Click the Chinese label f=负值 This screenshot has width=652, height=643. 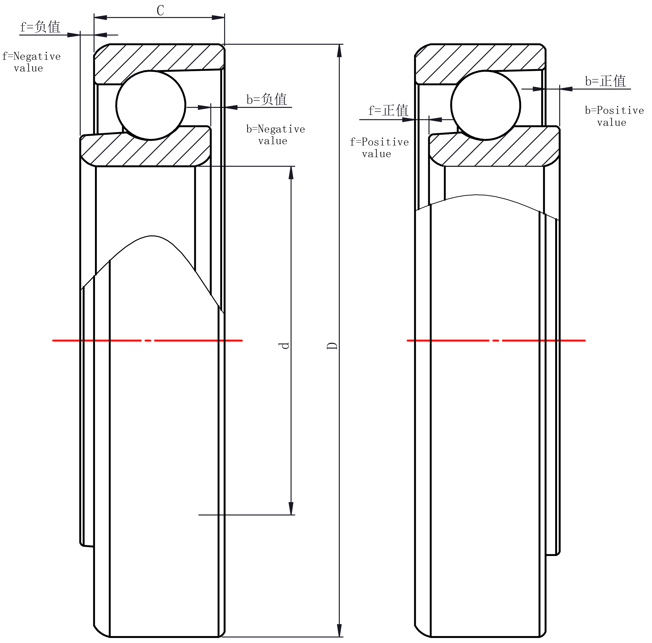pyautogui.click(x=41, y=27)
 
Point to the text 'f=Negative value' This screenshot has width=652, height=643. pyautogui.click(x=31, y=62)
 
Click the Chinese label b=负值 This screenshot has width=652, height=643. pyautogui.click(x=267, y=99)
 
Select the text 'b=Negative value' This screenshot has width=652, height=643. pyautogui.click(x=276, y=135)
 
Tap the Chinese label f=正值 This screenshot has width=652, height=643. pyautogui.click(x=388, y=110)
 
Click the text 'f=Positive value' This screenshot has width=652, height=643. pyautogui.click(x=379, y=148)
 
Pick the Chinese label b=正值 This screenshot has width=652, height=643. pyautogui.click(x=606, y=81)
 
